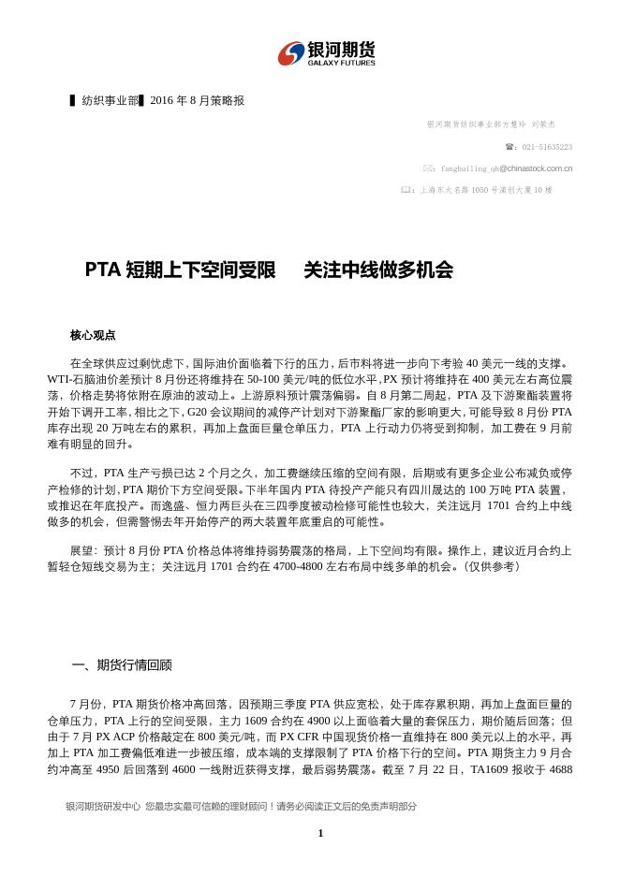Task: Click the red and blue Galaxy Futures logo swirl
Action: (x=292, y=52)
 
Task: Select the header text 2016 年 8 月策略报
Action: (x=197, y=101)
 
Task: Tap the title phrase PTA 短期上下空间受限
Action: (x=180, y=270)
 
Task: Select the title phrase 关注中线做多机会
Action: (x=378, y=270)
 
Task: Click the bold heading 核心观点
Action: (x=92, y=334)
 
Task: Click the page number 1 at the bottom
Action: (x=319, y=833)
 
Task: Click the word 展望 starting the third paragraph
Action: (x=81, y=550)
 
